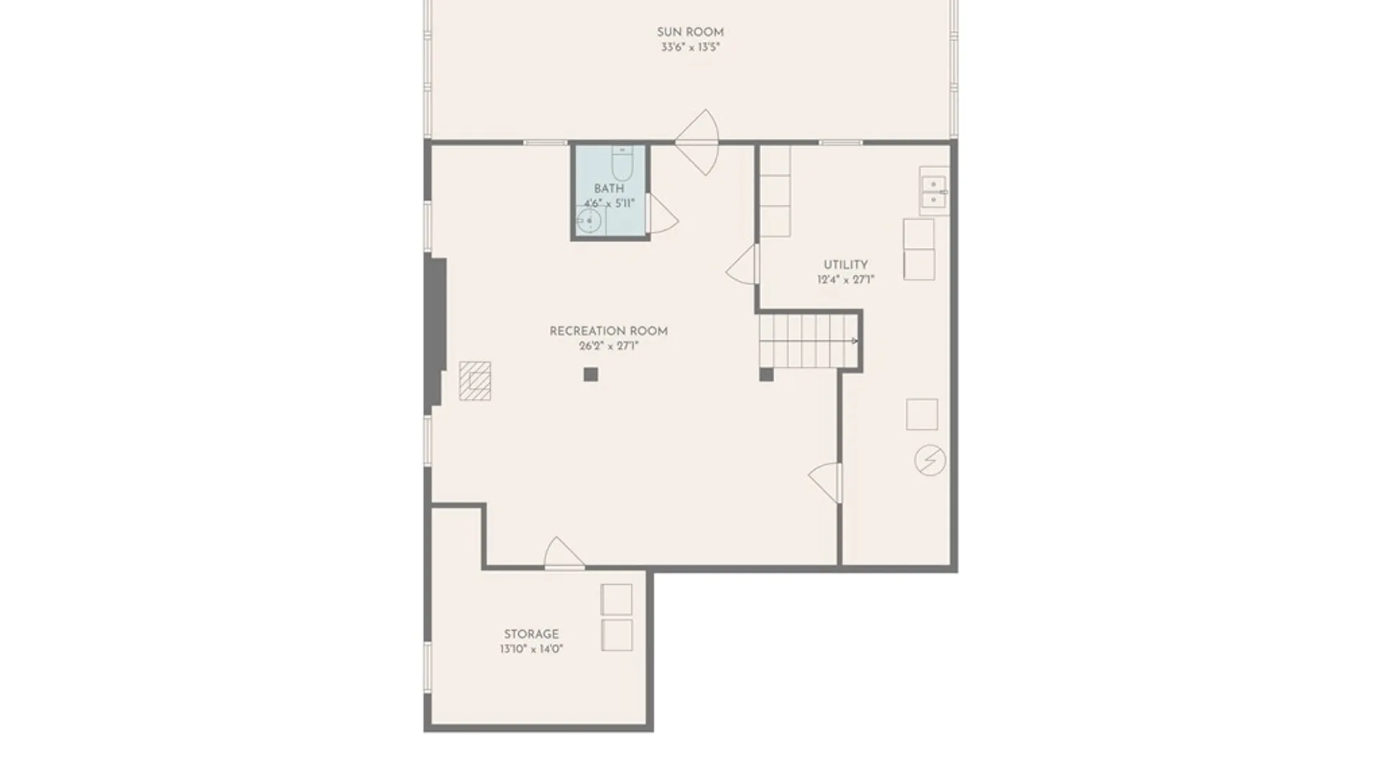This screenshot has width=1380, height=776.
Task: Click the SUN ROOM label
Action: click(x=690, y=32)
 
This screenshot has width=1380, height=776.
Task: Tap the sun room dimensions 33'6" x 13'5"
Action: click(x=690, y=47)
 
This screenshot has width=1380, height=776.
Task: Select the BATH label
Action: click(x=609, y=188)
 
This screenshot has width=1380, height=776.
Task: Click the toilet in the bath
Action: click(x=622, y=163)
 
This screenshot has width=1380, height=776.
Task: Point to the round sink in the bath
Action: click(x=589, y=221)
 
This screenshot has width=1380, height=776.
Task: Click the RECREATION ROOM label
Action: click(x=608, y=331)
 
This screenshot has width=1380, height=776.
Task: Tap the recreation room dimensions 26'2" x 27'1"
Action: click(x=608, y=346)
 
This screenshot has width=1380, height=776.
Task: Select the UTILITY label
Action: click(x=845, y=265)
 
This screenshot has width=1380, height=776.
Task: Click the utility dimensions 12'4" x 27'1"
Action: click(x=845, y=280)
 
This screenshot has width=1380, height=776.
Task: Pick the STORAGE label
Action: click(x=531, y=634)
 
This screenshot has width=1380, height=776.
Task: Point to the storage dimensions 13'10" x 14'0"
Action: click(x=531, y=649)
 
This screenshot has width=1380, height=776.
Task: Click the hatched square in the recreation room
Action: click(x=475, y=381)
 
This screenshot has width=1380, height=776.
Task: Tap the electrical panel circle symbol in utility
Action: click(x=930, y=460)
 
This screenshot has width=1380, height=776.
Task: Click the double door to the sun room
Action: click(x=696, y=142)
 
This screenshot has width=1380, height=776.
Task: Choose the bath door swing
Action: click(x=663, y=213)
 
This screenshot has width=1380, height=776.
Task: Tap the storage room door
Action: click(x=563, y=553)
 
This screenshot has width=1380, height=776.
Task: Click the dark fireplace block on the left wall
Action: click(x=436, y=334)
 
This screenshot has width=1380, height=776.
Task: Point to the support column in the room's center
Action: click(x=591, y=374)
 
